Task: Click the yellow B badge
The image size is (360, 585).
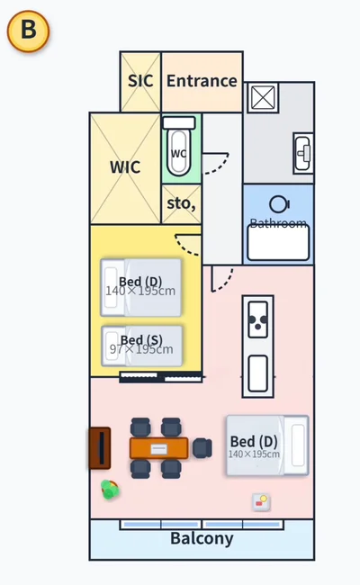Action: tap(29, 31)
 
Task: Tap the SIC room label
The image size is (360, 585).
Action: tap(140, 81)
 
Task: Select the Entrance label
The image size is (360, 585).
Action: tap(202, 81)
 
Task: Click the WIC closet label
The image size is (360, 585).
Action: tap(125, 167)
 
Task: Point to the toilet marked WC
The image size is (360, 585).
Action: tap(179, 148)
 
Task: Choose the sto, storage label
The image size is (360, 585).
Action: tap(181, 203)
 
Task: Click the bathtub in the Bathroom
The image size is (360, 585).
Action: tap(278, 243)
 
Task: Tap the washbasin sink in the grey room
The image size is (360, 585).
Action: tap(303, 153)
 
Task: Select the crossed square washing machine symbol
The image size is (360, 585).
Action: tap(263, 98)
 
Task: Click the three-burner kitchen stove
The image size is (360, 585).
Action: tap(257, 319)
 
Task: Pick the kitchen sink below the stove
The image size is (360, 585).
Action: tap(257, 373)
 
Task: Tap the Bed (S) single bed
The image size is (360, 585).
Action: tap(142, 346)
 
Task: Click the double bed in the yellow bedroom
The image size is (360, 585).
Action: tap(141, 287)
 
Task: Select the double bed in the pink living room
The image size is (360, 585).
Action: tap(267, 445)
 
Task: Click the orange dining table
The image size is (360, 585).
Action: tap(159, 448)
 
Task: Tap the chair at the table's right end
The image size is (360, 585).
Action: tap(202, 448)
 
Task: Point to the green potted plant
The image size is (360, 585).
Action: tap(110, 490)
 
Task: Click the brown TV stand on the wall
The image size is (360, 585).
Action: tap(100, 448)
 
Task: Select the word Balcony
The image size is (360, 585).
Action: tap(202, 538)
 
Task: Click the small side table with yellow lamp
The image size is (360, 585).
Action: tap(261, 501)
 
